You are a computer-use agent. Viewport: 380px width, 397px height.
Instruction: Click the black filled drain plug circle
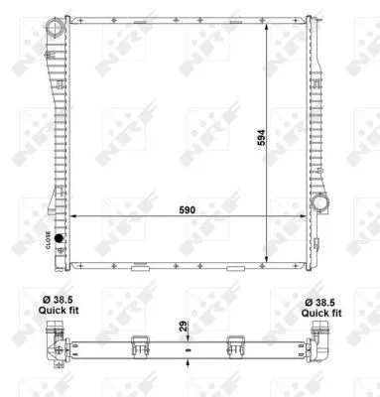click(x=60, y=239)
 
